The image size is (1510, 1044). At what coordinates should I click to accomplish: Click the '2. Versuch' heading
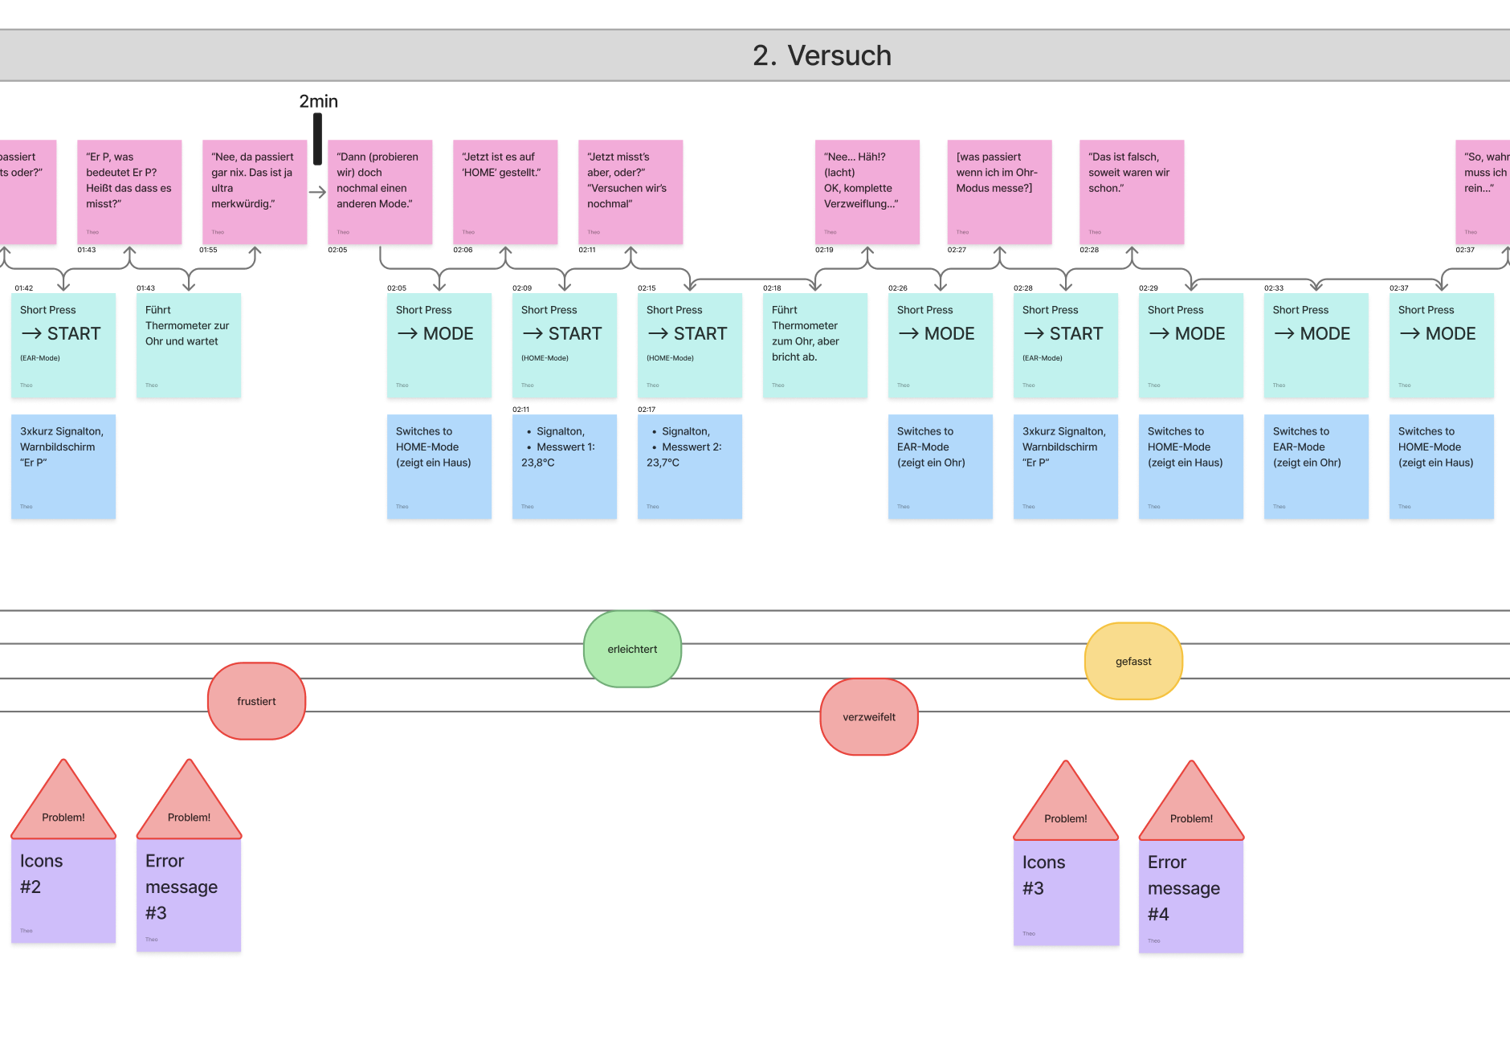click(x=822, y=55)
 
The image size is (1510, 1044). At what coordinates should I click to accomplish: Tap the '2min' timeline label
click(x=318, y=101)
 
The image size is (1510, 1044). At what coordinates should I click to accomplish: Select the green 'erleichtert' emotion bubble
click(x=632, y=649)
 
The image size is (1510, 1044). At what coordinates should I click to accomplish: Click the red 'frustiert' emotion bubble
click(x=256, y=701)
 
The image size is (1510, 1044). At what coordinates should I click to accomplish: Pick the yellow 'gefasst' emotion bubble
click(x=1133, y=661)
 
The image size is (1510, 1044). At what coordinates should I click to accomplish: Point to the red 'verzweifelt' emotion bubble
click(x=868, y=717)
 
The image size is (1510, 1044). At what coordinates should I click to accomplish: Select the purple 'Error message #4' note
click(x=1191, y=895)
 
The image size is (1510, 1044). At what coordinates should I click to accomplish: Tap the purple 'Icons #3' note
click(x=1066, y=891)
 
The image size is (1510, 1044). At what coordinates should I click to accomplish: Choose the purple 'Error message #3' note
click(x=189, y=894)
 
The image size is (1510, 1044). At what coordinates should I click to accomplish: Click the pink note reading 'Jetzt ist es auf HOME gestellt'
click(x=505, y=192)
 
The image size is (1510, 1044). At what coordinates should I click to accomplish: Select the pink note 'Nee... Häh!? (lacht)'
click(x=867, y=192)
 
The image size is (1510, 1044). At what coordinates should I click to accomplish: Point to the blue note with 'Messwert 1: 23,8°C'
click(x=565, y=467)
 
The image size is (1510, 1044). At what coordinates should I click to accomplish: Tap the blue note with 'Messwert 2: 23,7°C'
click(x=690, y=467)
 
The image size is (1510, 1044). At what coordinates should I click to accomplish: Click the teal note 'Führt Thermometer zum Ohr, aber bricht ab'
click(x=815, y=345)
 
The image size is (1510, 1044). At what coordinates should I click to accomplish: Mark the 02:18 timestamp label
click(x=772, y=288)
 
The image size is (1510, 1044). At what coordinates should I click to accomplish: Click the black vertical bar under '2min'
click(x=317, y=138)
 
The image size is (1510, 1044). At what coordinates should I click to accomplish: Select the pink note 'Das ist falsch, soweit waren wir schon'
click(x=1132, y=192)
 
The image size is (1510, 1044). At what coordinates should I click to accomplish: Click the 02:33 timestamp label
click(x=1273, y=288)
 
